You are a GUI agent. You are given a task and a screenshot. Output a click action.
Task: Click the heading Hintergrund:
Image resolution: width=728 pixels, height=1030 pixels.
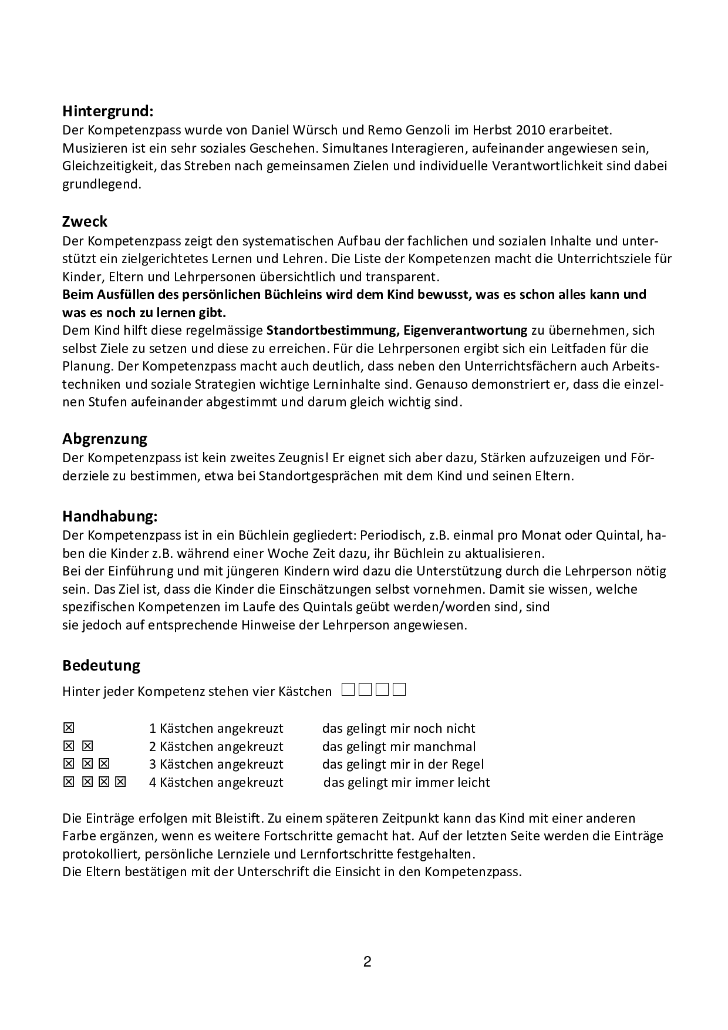108,110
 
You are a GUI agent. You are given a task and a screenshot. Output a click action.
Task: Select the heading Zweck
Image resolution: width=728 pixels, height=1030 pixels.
85,221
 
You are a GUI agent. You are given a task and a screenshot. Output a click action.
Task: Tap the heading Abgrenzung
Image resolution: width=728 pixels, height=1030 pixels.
105,439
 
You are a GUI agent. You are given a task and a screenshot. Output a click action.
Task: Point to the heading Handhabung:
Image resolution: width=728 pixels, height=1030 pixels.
110,516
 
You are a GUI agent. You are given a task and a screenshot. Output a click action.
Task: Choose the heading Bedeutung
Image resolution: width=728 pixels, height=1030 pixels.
102,665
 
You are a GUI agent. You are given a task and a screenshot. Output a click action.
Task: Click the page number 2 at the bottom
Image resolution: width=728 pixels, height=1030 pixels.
368,962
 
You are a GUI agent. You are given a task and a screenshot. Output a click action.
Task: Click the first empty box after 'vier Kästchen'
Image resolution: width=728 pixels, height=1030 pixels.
348,689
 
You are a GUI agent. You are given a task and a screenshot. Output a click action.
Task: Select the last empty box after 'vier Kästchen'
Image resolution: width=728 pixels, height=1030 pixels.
400,689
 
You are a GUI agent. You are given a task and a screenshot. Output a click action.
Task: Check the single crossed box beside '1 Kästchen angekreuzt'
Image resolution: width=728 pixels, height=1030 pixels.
69,728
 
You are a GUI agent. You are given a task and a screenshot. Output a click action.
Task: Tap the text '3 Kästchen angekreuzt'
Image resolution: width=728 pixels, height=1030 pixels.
216,765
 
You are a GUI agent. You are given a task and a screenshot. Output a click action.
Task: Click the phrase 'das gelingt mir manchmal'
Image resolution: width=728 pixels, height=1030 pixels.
399,747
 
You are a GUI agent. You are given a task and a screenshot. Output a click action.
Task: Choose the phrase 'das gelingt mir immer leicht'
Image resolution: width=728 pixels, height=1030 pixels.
406,783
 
